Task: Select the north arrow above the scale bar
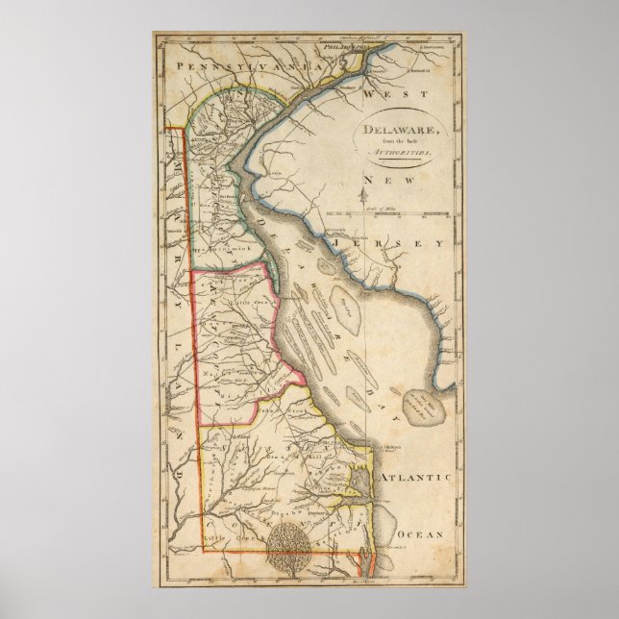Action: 366,199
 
